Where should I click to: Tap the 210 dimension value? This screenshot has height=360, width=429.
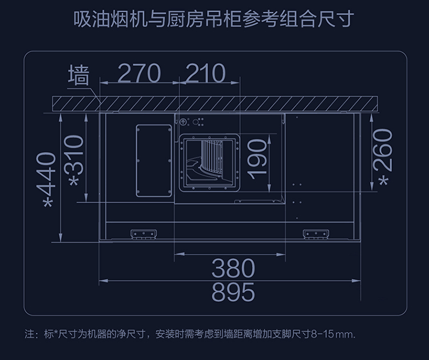205,73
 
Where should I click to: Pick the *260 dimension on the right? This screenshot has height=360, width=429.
384,157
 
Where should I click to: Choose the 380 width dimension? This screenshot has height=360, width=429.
232,267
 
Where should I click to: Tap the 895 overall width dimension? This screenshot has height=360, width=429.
232,292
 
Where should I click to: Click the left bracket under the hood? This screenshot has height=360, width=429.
142,234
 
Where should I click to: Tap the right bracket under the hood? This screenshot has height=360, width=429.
315,234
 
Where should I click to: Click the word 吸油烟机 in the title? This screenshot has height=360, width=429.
105,19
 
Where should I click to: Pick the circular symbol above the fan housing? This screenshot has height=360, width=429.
183,122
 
